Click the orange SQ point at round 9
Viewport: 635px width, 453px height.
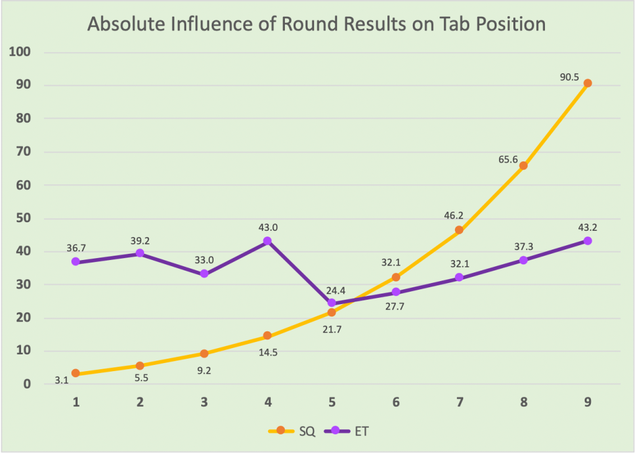(x=587, y=83)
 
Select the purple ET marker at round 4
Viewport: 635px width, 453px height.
(x=268, y=241)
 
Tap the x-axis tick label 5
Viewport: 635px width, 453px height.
(x=331, y=401)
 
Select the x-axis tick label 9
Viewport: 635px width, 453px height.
(x=587, y=401)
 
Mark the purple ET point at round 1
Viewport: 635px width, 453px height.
(x=76, y=262)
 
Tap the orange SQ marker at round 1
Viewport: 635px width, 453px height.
(x=76, y=374)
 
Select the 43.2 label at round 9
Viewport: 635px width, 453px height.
(x=587, y=226)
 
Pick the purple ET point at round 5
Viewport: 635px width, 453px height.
(x=331, y=303)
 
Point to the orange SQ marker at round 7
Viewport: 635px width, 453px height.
(x=459, y=230)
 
